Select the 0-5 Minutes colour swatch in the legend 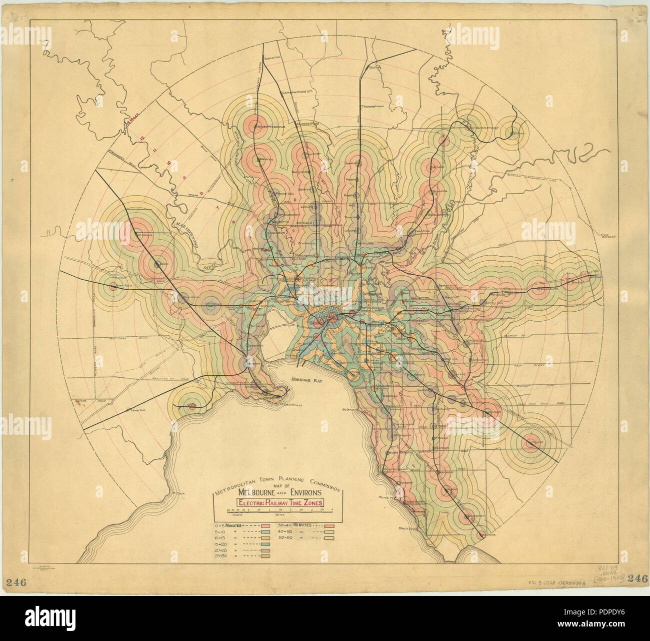[x=265, y=525]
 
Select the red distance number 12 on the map [x=142, y=137]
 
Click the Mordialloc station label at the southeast [x=487, y=535]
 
